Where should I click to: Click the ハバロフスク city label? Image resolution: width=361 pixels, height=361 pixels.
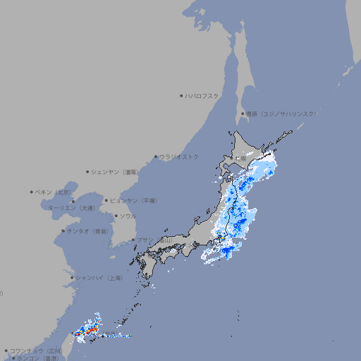[x=202, y=95]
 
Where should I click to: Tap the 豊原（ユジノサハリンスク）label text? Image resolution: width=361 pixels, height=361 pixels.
[x=281, y=114]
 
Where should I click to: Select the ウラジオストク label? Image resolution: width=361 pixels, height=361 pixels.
[x=179, y=157]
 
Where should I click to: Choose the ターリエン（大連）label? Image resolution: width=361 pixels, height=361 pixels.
[x=71, y=208]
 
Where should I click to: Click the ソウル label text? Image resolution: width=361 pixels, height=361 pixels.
[x=128, y=216]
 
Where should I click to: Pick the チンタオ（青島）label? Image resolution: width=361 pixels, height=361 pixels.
[x=87, y=231]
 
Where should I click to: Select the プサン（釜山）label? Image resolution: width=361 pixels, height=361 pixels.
[x=154, y=240]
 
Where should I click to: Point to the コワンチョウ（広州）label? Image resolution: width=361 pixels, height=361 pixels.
[x=36, y=350]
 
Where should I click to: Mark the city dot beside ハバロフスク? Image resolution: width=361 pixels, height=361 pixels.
[x=181, y=95]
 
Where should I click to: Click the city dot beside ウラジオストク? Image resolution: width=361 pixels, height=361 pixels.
[x=156, y=157]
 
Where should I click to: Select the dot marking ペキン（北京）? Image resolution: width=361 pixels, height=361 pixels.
[x=32, y=192]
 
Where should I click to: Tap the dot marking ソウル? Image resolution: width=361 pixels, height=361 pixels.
[x=115, y=216]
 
